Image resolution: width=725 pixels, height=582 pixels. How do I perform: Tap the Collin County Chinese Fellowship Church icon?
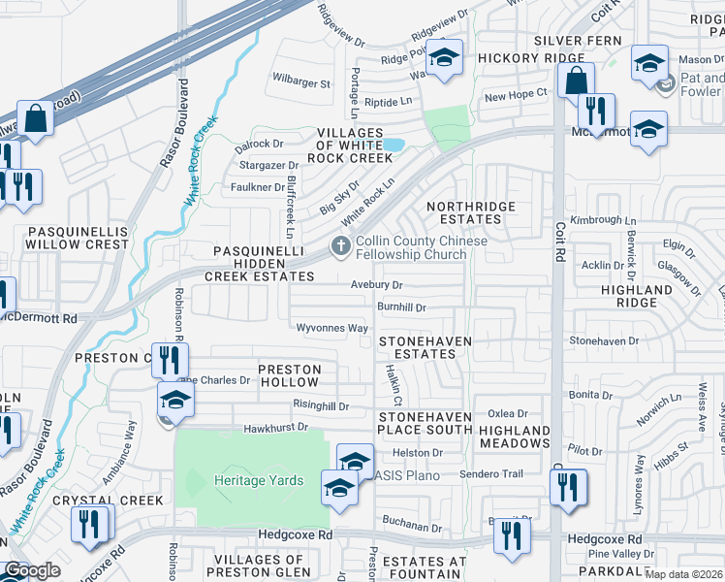tap(340, 246)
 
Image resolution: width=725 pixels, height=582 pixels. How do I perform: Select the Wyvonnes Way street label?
tap(331, 329)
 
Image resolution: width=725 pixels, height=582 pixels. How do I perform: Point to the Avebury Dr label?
tap(376, 285)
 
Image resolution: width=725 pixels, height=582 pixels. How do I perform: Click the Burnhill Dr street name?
tap(401, 307)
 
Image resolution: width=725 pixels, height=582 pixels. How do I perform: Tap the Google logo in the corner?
tap(32, 570)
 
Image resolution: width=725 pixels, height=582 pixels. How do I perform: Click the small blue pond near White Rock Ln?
tap(394, 145)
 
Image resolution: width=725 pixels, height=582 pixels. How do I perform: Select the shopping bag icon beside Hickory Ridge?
tap(576, 81)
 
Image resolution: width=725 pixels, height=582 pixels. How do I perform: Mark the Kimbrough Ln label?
tap(596, 221)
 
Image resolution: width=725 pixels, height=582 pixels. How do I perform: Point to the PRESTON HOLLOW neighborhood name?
tap(296, 376)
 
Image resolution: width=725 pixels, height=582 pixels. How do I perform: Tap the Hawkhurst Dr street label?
tap(275, 427)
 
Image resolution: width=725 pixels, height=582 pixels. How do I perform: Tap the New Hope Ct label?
tap(516, 95)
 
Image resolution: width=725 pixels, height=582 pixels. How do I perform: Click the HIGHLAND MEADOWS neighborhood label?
tap(514, 436)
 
